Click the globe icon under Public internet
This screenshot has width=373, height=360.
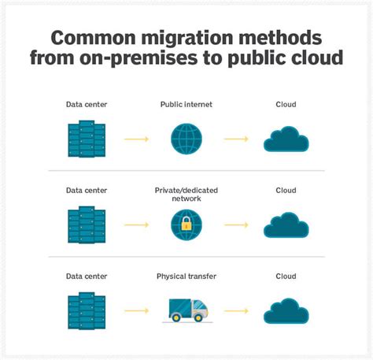pos(186,139)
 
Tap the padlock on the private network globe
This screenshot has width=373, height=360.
pos(186,225)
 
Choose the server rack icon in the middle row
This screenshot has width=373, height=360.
pos(86,224)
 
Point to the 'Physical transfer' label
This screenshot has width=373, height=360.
pos(186,276)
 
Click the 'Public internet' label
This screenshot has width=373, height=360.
pos(186,104)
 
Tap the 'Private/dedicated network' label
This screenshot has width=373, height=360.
pos(186,194)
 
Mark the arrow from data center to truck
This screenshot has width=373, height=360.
pos(135,311)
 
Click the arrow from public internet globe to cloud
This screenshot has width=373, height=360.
pos(235,139)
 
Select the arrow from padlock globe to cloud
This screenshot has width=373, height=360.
pos(235,225)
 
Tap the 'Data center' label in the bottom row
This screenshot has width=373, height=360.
pos(86,276)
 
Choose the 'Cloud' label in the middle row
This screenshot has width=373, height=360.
pos(285,190)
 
